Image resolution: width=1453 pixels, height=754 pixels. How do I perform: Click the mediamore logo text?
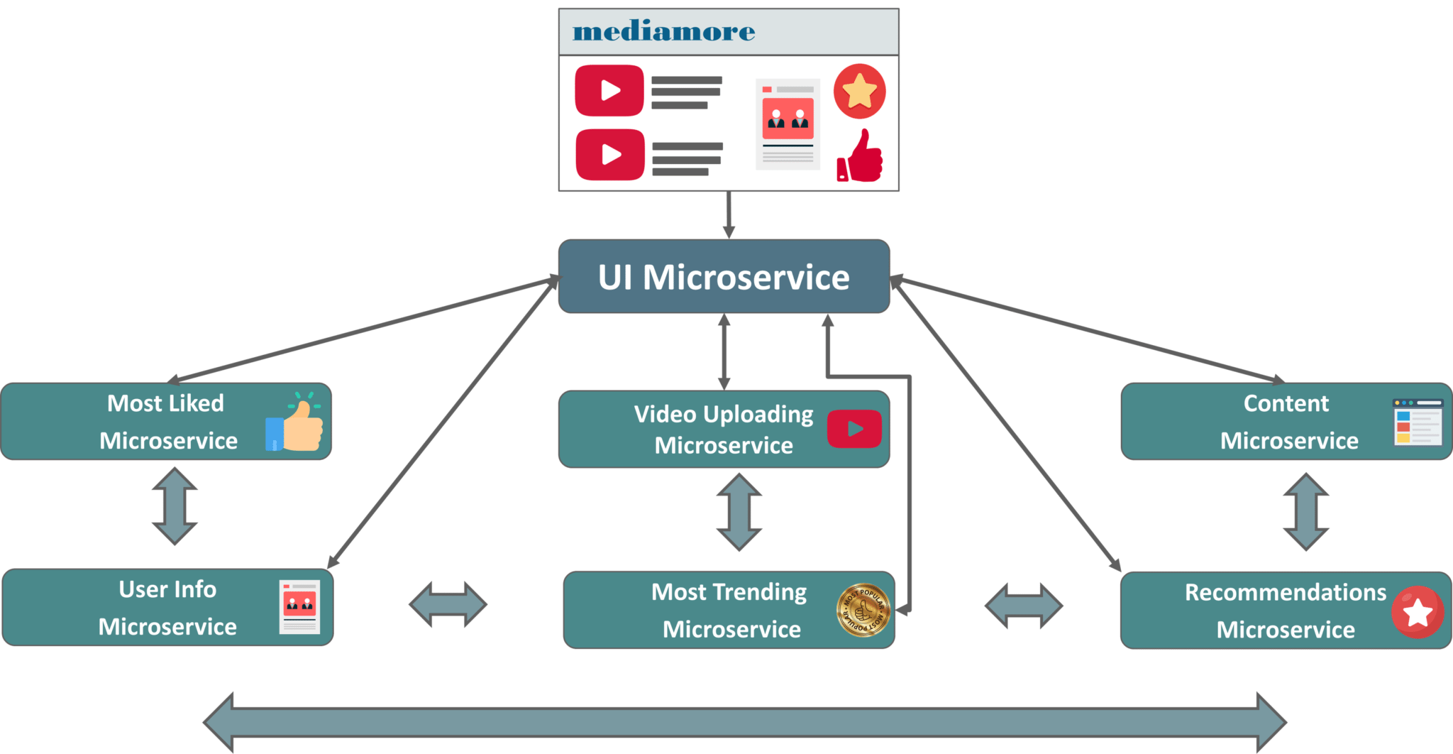click(663, 32)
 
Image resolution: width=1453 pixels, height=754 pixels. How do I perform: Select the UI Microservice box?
click(724, 277)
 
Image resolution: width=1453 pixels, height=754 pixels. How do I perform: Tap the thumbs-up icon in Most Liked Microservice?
click(294, 423)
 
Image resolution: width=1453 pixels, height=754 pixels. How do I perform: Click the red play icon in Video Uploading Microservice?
click(854, 429)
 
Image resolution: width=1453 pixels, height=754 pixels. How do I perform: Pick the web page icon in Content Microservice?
click(1417, 422)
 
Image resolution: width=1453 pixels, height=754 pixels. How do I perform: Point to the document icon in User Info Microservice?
click(299, 607)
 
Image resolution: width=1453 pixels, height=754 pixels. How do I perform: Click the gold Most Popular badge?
click(863, 610)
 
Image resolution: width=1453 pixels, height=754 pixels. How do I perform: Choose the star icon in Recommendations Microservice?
click(1417, 612)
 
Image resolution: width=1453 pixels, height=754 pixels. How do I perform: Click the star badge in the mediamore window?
click(859, 91)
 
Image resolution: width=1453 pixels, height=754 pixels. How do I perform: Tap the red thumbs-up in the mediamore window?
click(861, 156)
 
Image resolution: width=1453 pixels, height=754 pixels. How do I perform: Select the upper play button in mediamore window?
click(609, 90)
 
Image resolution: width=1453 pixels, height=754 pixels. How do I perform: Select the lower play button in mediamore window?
click(610, 154)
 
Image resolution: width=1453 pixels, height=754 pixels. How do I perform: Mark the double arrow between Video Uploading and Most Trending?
click(739, 512)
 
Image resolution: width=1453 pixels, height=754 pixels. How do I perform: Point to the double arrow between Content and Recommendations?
click(1306, 512)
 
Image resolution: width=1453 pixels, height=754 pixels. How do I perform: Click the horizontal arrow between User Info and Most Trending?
click(448, 605)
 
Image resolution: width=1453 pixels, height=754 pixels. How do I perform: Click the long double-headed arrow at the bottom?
click(745, 723)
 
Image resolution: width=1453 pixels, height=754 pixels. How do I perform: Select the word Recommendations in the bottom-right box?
click(1285, 593)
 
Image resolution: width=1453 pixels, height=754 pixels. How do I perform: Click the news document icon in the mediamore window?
click(788, 124)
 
